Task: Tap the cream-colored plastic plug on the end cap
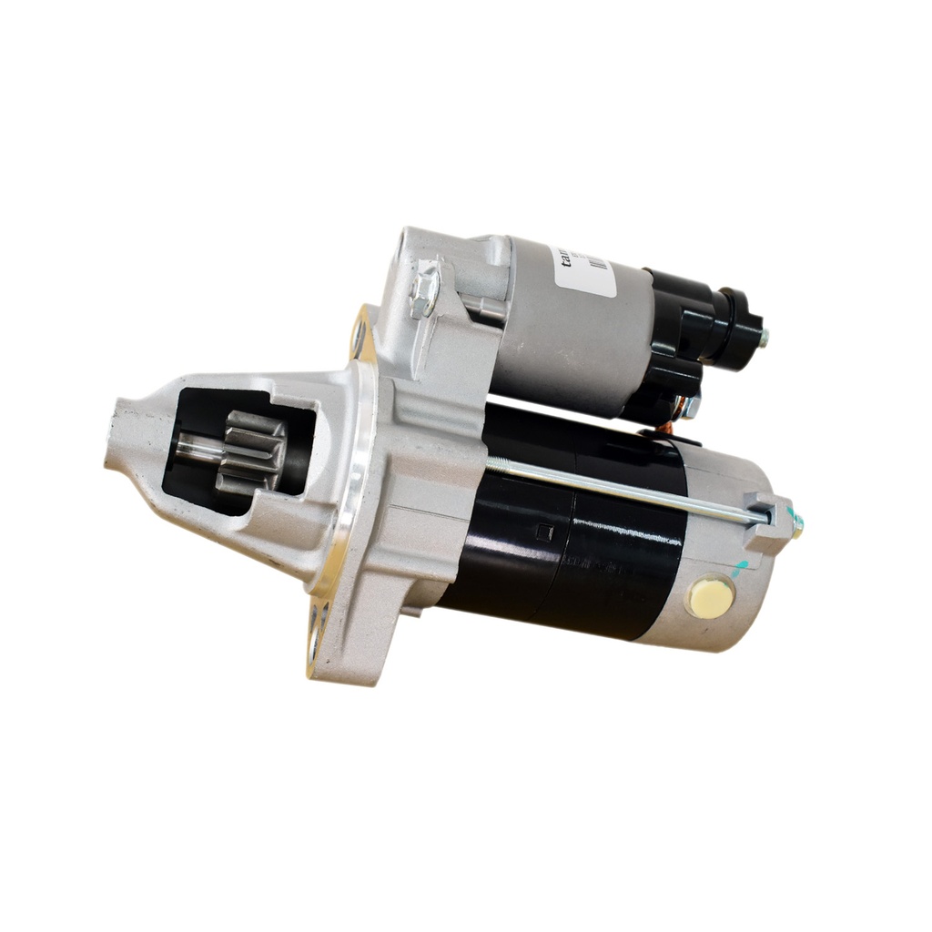(x=711, y=597)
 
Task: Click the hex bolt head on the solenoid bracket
(x=425, y=289)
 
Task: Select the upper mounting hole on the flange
(x=361, y=337)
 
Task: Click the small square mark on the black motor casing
(x=542, y=532)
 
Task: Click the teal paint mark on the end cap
(x=742, y=570)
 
